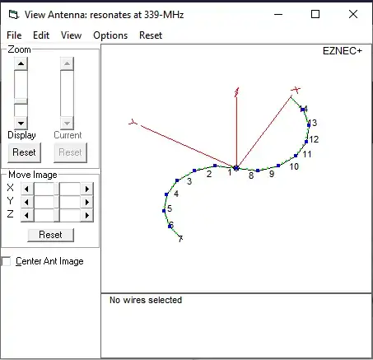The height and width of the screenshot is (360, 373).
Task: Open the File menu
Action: pyautogui.click(x=14, y=35)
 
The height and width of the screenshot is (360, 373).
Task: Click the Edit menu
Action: pyautogui.click(x=41, y=35)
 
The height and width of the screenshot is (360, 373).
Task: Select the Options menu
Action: pyautogui.click(x=110, y=35)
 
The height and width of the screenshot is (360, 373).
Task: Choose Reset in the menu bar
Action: pyautogui.click(x=151, y=35)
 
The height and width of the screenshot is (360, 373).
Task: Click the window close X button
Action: pyautogui.click(x=353, y=14)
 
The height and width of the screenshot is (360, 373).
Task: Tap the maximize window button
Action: pyautogui.click(x=315, y=14)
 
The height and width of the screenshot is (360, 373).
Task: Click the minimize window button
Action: pyautogui.click(x=278, y=14)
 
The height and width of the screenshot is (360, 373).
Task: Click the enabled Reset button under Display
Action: pyautogui.click(x=24, y=152)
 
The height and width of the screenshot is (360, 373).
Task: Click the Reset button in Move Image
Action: pyautogui.click(x=51, y=235)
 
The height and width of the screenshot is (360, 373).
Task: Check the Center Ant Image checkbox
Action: pyautogui.click(x=6, y=261)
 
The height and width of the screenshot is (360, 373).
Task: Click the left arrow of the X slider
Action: pyautogui.click(x=27, y=189)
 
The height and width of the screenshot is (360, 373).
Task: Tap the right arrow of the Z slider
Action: pyautogui.click(x=87, y=215)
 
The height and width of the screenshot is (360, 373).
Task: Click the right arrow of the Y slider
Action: pyautogui.click(x=87, y=202)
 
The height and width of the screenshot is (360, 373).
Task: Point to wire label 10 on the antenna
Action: pyautogui.click(x=294, y=166)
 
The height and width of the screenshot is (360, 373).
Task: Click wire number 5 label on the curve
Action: pyautogui.click(x=170, y=208)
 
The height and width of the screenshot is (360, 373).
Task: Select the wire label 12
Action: pyautogui.click(x=314, y=139)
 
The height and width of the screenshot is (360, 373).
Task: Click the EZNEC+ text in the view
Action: pyautogui.click(x=343, y=51)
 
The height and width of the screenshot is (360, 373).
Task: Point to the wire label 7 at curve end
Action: pyautogui.click(x=180, y=239)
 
